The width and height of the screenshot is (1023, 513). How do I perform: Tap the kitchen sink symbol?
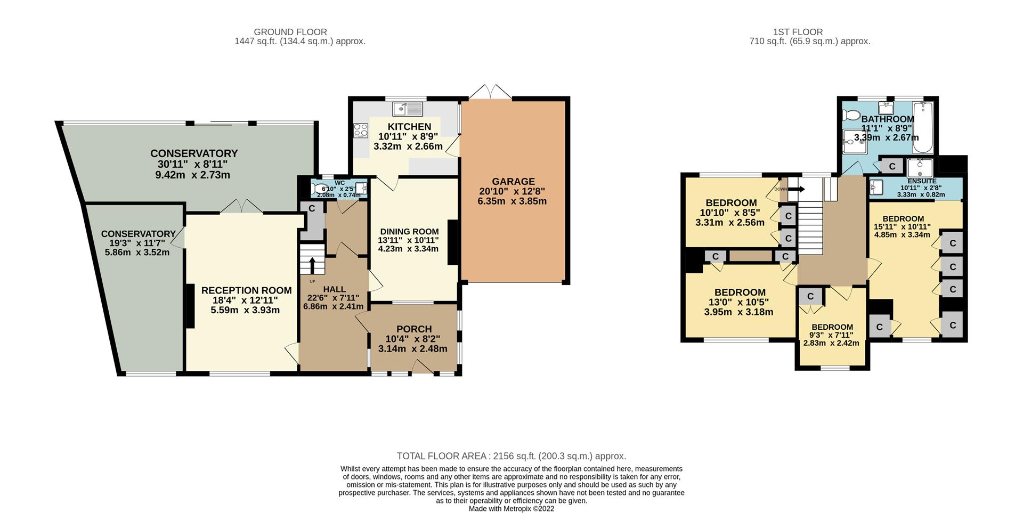pyautogui.click(x=408, y=109)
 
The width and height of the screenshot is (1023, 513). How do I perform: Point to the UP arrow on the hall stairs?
pyautogui.click(x=312, y=264)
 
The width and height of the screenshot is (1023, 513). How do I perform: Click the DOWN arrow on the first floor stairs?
pyautogui.click(x=797, y=189)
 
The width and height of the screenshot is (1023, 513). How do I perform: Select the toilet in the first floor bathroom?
pyautogui.click(x=851, y=115)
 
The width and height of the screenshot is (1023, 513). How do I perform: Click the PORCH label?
pyautogui.click(x=413, y=329)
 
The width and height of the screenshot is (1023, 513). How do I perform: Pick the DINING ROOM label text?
pyautogui.click(x=409, y=232)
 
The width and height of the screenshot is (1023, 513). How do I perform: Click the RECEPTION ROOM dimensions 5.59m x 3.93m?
pyautogui.click(x=245, y=310)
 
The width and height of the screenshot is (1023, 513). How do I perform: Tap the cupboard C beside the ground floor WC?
pyautogui.click(x=312, y=209)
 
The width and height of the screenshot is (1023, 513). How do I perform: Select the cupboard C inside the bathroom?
pyautogui.click(x=892, y=167)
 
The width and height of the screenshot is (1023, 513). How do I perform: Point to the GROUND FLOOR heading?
pyautogui.click(x=290, y=32)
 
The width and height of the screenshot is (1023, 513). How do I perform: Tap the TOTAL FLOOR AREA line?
pyautogui.click(x=511, y=456)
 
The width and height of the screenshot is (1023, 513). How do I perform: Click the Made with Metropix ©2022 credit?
pyautogui.click(x=511, y=509)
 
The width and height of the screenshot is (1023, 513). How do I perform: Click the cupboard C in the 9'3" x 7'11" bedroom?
pyautogui.click(x=810, y=297)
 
